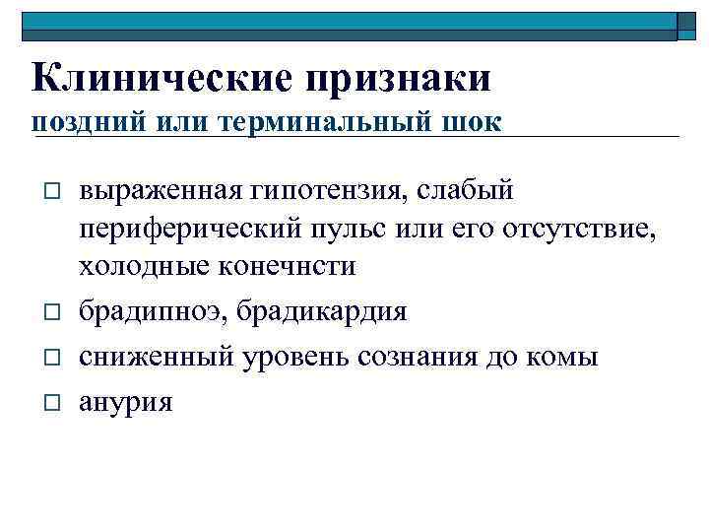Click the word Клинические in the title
160,77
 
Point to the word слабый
470,187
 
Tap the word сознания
423,357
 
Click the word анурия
126,401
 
